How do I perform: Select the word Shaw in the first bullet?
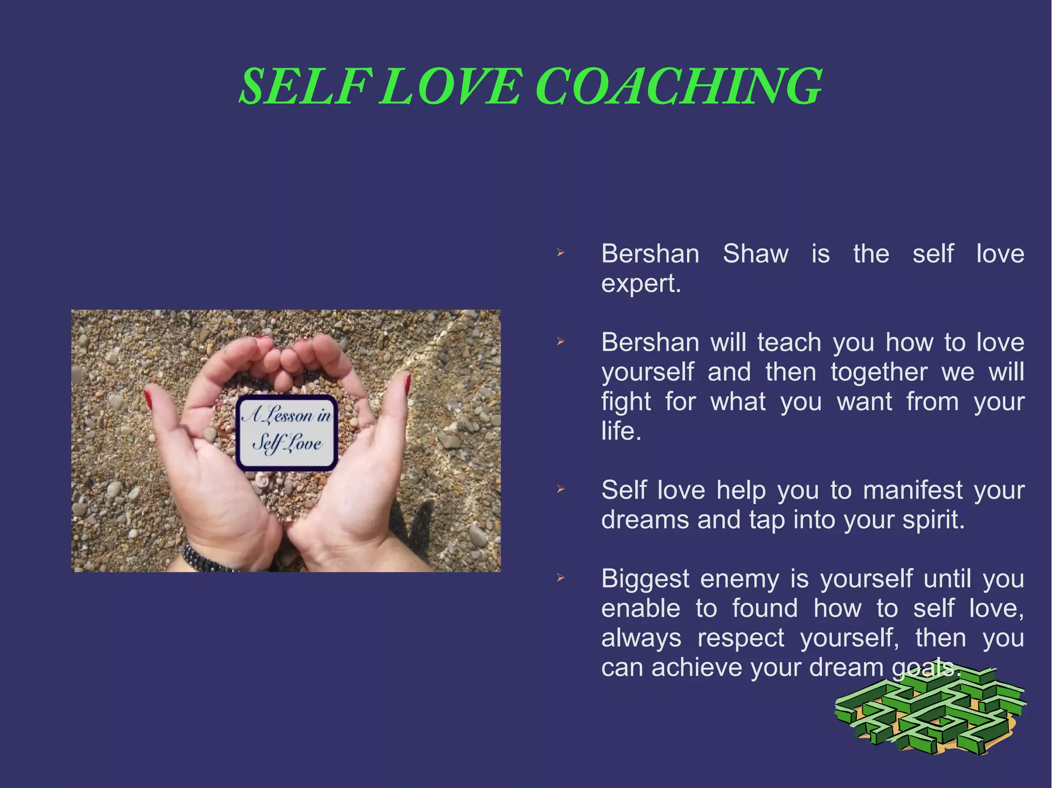(x=755, y=254)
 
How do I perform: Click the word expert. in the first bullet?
(x=641, y=283)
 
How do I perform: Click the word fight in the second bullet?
(x=626, y=402)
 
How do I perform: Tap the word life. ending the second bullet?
(x=621, y=431)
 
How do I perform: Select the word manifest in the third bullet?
(x=912, y=490)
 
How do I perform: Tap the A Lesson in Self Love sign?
(x=287, y=433)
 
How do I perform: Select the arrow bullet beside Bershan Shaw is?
(x=560, y=253)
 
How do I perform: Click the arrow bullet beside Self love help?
(x=560, y=490)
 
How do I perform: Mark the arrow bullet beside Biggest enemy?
(x=560, y=579)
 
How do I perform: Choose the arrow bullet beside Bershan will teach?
(x=560, y=342)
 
